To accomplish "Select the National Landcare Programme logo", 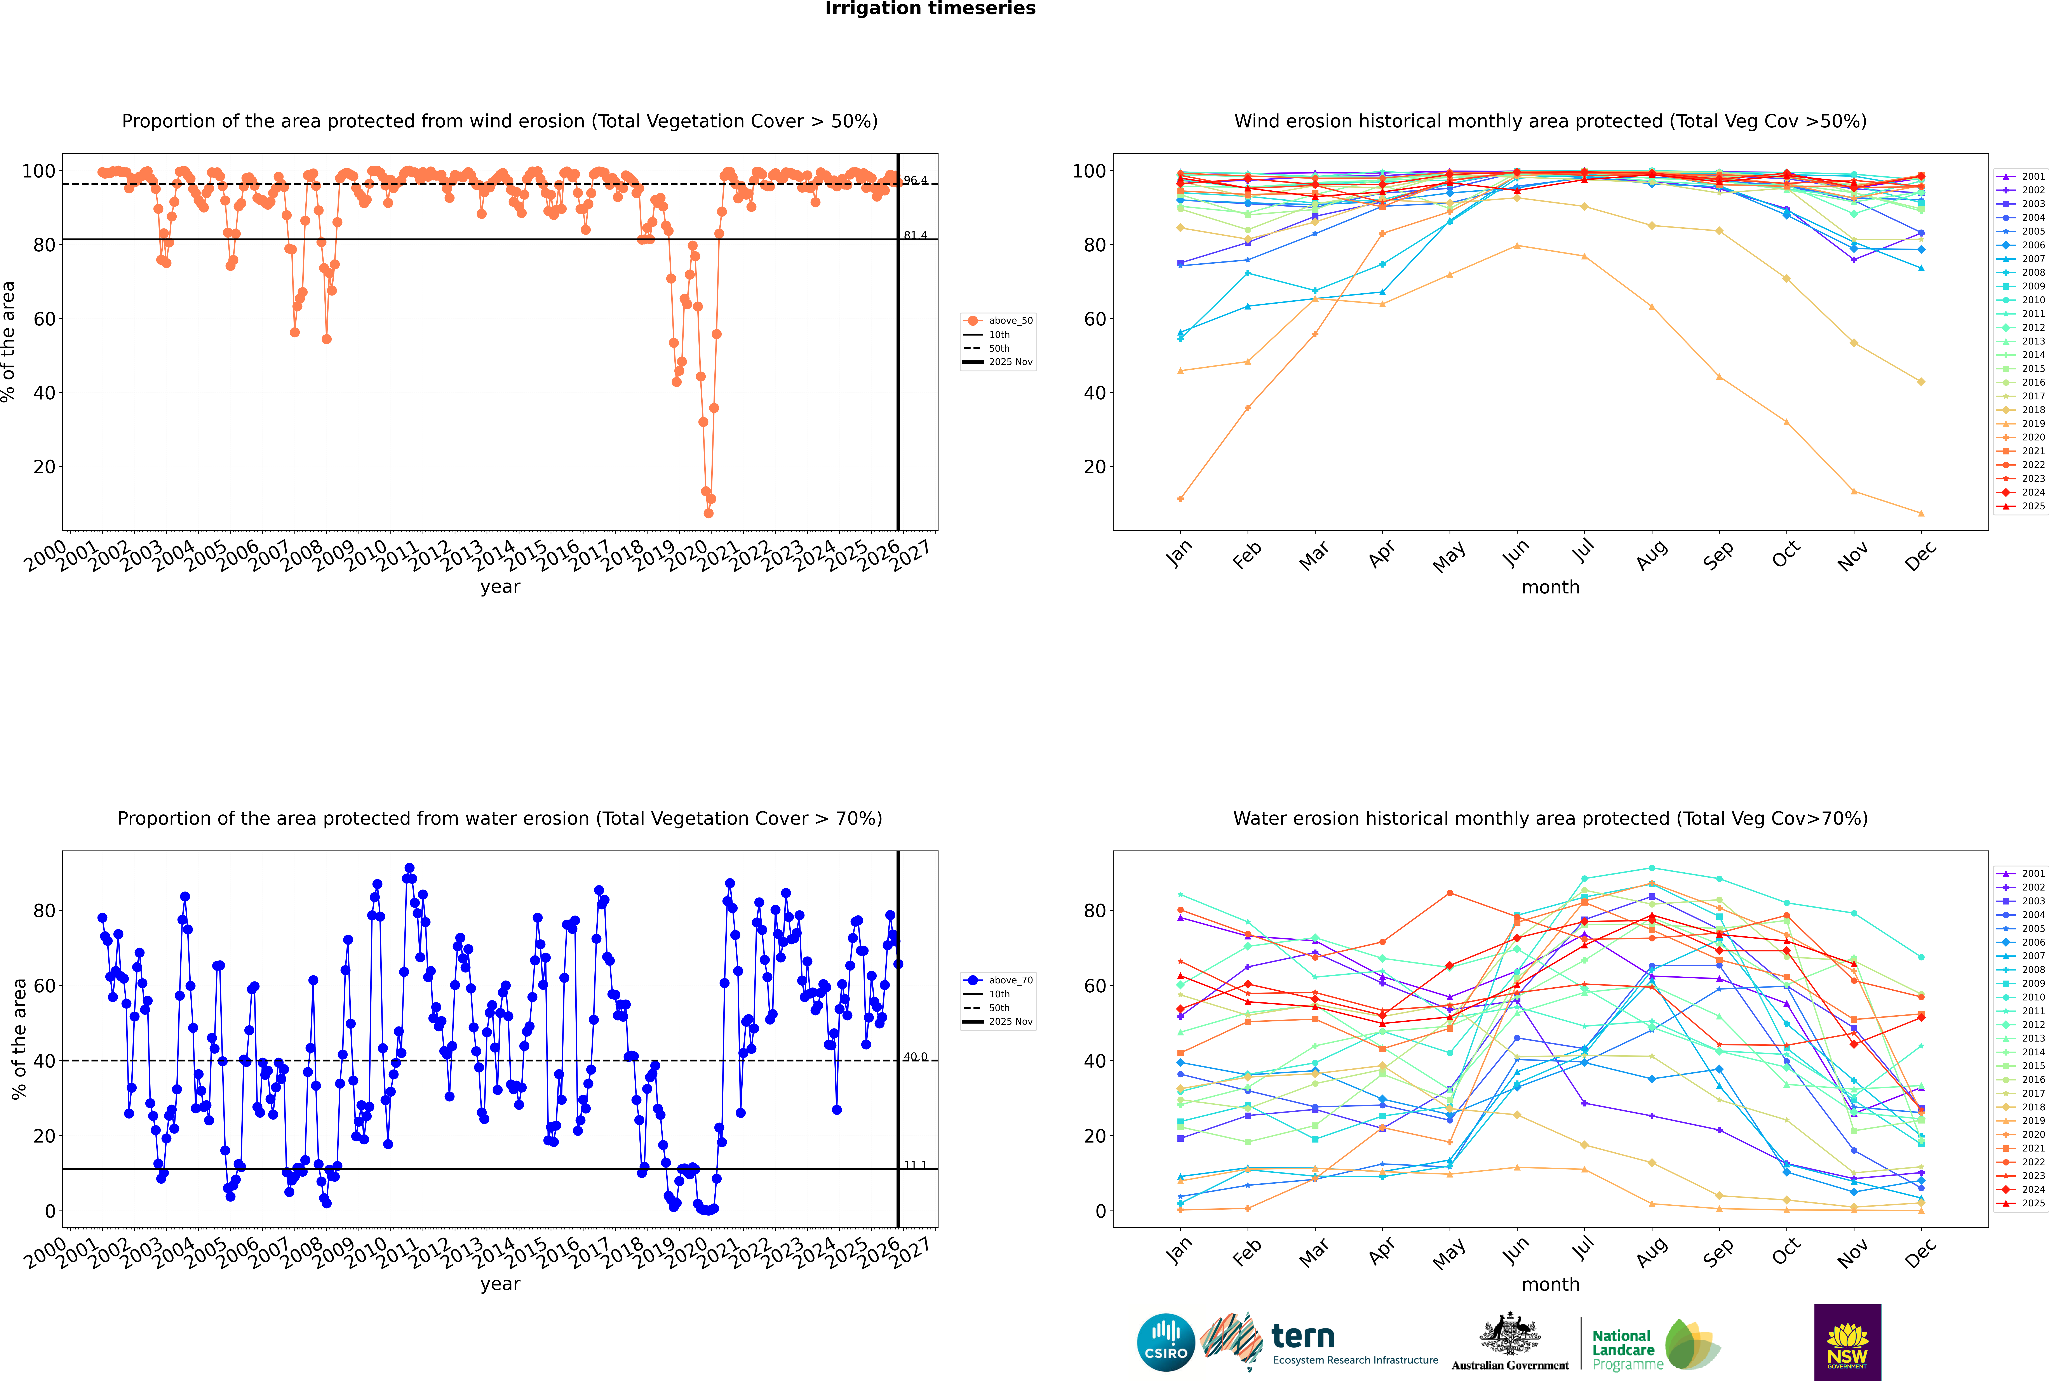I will click(x=1654, y=1345).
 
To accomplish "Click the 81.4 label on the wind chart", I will click(x=915, y=235).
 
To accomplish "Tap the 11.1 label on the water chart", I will click(x=915, y=1165).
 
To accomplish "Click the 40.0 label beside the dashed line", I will click(x=915, y=1057).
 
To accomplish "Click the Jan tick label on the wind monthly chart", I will click(x=1179, y=553).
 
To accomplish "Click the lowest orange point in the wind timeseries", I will click(x=708, y=513).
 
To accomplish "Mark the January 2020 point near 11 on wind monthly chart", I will click(x=1180, y=499).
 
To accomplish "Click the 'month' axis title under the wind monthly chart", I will click(x=1550, y=588).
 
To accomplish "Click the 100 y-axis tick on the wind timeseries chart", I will click(x=38, y=171).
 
